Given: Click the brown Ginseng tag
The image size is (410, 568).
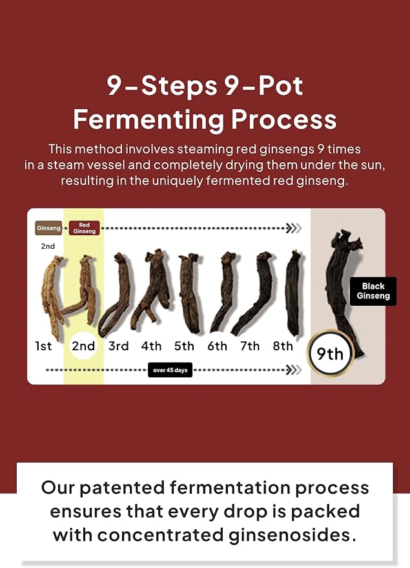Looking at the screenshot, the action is pos(48,228).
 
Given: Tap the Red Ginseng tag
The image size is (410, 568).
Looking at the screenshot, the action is pos(85,228).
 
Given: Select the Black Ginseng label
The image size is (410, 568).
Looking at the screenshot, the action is pos(373,291).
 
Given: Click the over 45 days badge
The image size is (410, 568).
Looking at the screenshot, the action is pos(170,370).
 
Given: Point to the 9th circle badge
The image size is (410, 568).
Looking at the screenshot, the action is pos(330,353).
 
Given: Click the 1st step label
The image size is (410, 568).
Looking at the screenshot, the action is pos(43,346).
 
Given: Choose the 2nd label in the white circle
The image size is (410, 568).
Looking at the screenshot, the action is pos(83,346).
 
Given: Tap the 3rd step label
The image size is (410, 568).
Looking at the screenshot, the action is pos(118,346).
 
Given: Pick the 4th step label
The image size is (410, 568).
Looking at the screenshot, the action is pos(151,346).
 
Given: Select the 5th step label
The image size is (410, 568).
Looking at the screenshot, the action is pos(184,346).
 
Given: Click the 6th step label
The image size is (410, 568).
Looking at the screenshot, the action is pos(217,346).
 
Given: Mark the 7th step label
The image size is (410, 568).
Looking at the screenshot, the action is pos(250,346).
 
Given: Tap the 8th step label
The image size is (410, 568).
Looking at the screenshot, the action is pos(283,346).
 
